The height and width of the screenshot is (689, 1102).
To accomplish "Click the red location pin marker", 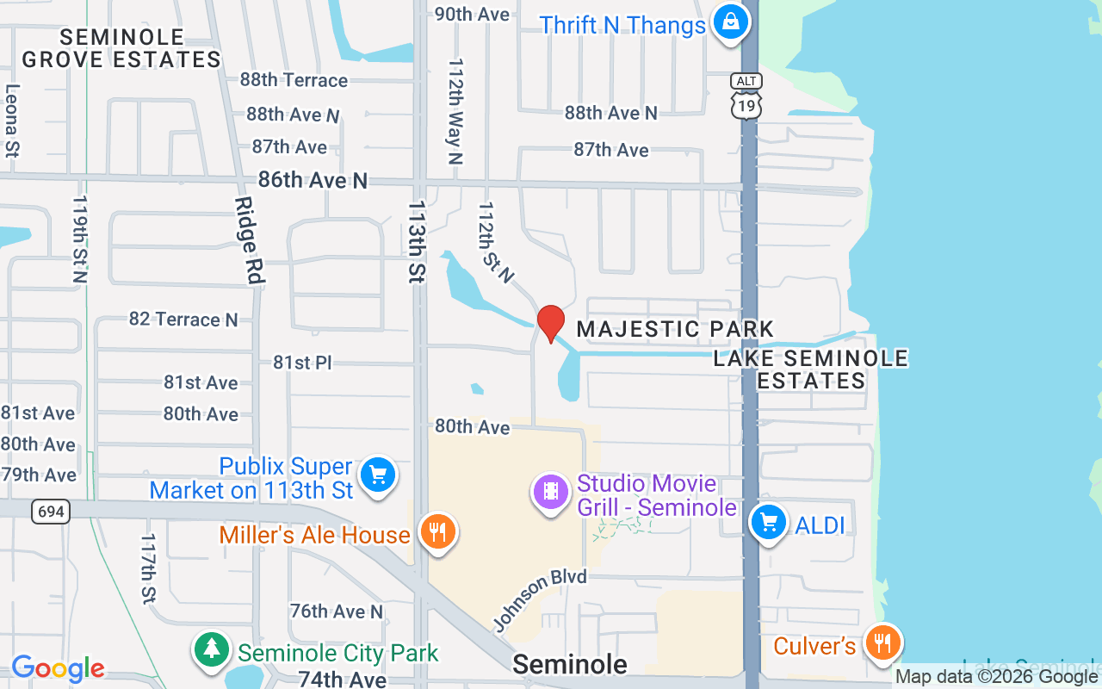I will [x=550, y=323].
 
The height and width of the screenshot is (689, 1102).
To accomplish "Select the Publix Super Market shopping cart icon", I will [x=376, y=475].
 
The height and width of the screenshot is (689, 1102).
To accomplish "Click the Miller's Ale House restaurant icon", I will [x=437, y=531].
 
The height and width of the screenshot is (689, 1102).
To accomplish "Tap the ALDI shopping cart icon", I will [x=768, y=522].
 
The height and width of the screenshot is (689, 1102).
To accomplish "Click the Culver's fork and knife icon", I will [x=882, y=642].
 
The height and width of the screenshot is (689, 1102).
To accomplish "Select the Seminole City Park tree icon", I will [x=211, y=649].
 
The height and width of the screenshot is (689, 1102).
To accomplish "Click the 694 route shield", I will [x=51, y=512].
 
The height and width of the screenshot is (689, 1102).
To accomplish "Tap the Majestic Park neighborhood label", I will [x=675, y=329].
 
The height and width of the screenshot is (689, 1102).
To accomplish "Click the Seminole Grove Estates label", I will [x=121, y=48].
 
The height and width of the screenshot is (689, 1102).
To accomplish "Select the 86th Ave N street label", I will [x=313, y=180].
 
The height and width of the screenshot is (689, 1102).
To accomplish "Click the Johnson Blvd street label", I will [x=540, y=599].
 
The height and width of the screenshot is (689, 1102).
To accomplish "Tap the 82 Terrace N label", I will [x=183, y=320].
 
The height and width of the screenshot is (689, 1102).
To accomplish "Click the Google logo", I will [x=58, y=668].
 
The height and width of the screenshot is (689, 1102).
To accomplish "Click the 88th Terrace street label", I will [x=294, y=80].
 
